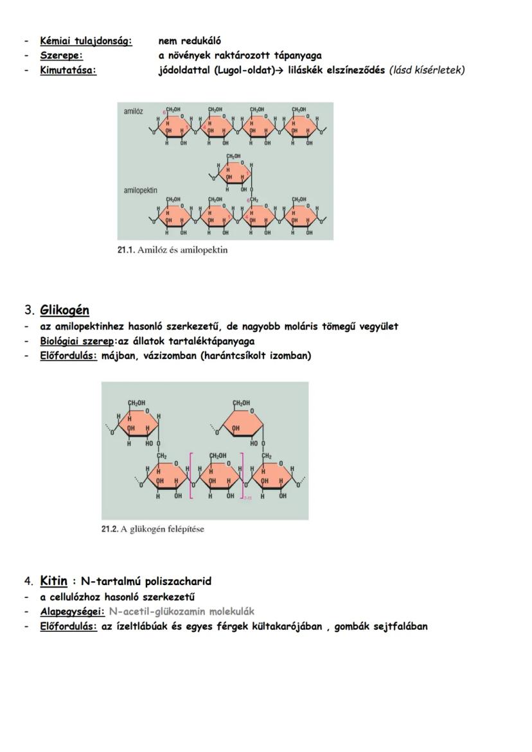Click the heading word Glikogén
(x=64, y=310)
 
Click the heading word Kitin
(x=53, y=581)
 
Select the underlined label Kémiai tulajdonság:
(x=86, y=41)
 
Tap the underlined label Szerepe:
(x=61, y=56)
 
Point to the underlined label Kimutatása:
(x=68, y=70)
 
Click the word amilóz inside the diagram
(x=134, y=112)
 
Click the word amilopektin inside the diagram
(x=140, y=191)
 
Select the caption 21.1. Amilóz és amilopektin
(x=172, y=250)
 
